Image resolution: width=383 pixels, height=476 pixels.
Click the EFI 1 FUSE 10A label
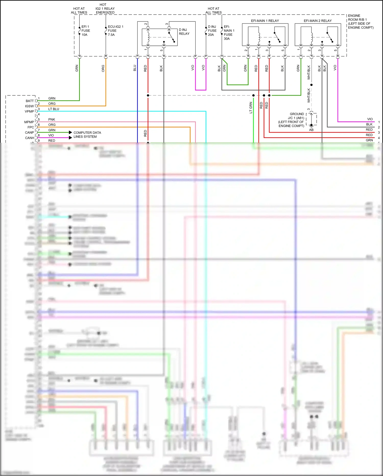[86, 31]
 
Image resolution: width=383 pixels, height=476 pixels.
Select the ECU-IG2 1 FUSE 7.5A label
[115, 31]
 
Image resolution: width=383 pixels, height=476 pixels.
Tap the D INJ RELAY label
[184, 32]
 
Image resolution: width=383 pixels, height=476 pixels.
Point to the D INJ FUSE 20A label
[212, 31]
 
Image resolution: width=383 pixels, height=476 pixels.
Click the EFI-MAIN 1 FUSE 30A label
[229, 33]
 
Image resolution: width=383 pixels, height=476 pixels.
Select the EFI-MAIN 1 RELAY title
[265, 21]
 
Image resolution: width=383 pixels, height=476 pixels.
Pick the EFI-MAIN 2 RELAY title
[317, 21]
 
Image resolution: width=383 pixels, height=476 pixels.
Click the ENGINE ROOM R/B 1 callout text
[360, 21]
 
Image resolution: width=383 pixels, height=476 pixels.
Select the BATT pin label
[30, 101]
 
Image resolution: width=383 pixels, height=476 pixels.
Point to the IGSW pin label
[29, 106]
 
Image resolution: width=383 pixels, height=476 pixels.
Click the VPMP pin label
[29, 112]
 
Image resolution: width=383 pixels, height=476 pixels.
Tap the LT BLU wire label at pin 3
[54, 109]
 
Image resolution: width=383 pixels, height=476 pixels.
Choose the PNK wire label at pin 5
[52, 119]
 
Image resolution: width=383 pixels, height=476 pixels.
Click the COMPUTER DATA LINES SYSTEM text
[87, 135]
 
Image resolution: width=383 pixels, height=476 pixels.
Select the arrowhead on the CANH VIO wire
[70, 138]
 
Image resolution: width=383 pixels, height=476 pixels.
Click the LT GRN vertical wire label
[251, 107]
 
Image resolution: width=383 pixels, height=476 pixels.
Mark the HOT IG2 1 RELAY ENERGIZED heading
[105, 8]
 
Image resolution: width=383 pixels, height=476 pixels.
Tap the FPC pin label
[31, 127]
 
